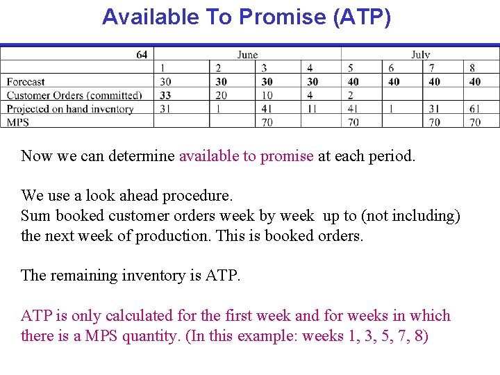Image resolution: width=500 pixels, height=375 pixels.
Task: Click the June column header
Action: [x=247, y=55]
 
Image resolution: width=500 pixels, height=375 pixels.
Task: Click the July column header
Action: [x=420, y=55]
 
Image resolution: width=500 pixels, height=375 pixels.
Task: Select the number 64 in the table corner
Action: [x=142, y=55]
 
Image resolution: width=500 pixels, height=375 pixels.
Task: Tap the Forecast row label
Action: [x=26, y=82]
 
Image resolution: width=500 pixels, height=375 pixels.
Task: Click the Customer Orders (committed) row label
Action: [x=74, y=95]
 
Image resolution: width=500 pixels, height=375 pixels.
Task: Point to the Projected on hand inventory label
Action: [x=70, y=109]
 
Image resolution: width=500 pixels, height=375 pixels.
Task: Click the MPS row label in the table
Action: [x=17, y=122]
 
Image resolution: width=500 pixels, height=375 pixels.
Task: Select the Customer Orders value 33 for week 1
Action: [x=165, y=95]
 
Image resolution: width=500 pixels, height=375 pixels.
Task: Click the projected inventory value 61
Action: [x=475, y=109]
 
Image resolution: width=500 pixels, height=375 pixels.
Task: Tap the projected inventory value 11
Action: [x=312, y=109]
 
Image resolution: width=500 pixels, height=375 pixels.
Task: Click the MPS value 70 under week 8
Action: [x=475, y=122]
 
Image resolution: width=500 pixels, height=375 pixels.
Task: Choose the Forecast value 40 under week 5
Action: [x=353, y=82]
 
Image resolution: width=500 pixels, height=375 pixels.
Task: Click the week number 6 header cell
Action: [x=391, y=68]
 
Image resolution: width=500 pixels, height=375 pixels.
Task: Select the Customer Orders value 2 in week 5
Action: [x=351, y=95]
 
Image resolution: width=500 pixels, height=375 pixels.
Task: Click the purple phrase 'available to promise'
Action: [x=246, y=156]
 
